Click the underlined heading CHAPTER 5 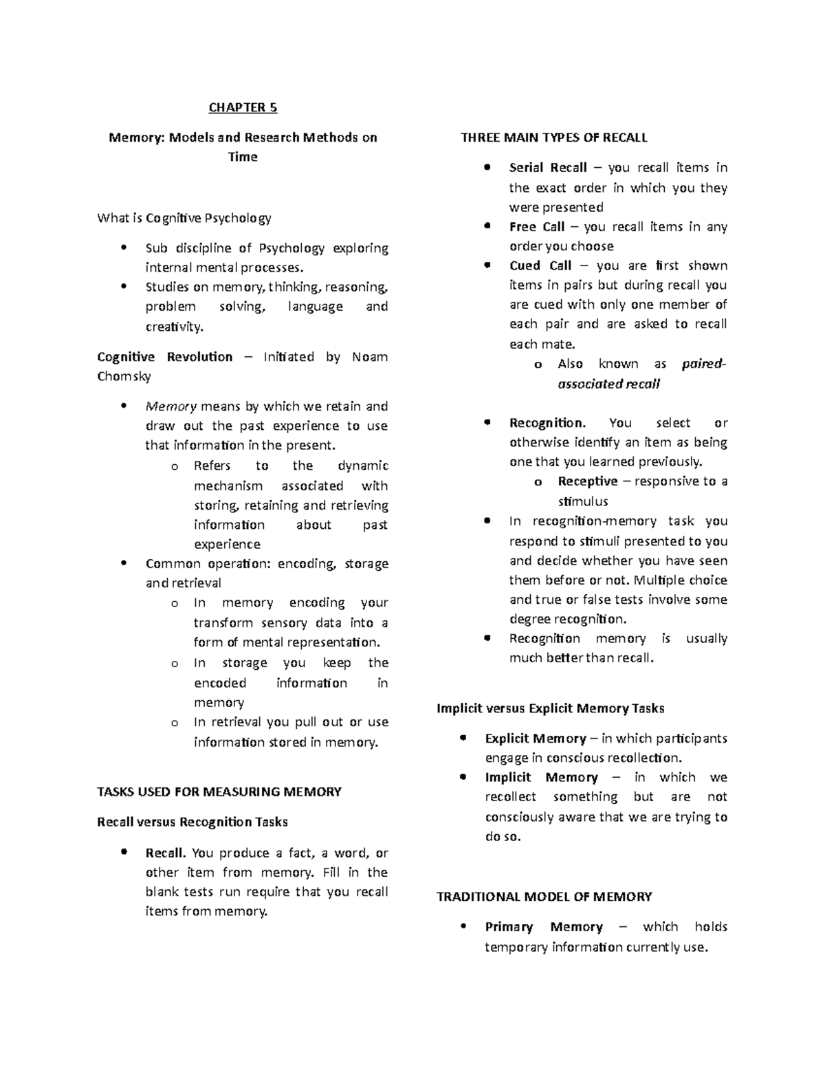243,107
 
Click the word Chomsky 124,377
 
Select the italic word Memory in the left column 171,406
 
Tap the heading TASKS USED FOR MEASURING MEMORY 219,792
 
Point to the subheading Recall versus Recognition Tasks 192,822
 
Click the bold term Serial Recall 548,168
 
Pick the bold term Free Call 536,227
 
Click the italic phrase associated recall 608,384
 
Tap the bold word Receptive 587,481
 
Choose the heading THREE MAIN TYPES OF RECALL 553,138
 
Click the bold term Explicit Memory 535,739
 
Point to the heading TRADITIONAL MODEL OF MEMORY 544,897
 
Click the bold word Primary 509,927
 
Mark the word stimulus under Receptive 582,501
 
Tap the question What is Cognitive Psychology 184,219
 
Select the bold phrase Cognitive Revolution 165,357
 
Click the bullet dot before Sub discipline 124,248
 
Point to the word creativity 175,327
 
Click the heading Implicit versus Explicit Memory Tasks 550,708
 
